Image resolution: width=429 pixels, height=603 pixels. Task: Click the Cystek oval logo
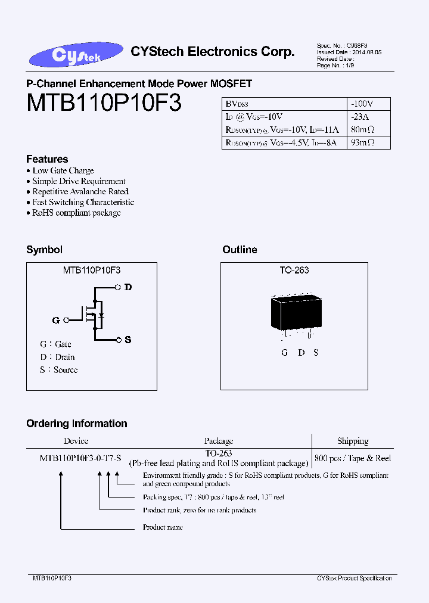point(76,55)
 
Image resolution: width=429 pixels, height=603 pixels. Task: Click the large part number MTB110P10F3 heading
point(104,103)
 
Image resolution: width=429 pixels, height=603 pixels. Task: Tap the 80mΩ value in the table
point(362,129)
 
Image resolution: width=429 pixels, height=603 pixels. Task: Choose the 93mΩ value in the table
point(362,142)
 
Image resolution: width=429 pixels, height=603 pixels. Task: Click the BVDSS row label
point(237,104)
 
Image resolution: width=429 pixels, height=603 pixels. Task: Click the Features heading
point(47,159)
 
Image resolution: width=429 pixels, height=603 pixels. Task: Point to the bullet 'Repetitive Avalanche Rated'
point(80,191)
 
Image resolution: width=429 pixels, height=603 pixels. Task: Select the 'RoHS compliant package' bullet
point(76,213)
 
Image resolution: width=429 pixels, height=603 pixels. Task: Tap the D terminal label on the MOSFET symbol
point(128,287)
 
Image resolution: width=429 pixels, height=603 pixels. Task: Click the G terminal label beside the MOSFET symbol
point(56,320)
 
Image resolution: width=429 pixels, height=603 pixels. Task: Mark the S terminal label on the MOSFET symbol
point(128,340)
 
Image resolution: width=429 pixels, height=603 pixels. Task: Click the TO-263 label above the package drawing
point(294,270)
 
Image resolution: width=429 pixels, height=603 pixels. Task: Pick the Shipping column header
point(353,441)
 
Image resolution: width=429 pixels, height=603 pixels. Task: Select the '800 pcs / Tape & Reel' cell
point(353,458)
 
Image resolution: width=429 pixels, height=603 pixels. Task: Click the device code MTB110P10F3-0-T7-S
point(80,458)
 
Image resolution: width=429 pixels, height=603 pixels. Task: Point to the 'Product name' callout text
point(163,527)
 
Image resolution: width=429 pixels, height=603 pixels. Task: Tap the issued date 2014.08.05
point(366,52)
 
